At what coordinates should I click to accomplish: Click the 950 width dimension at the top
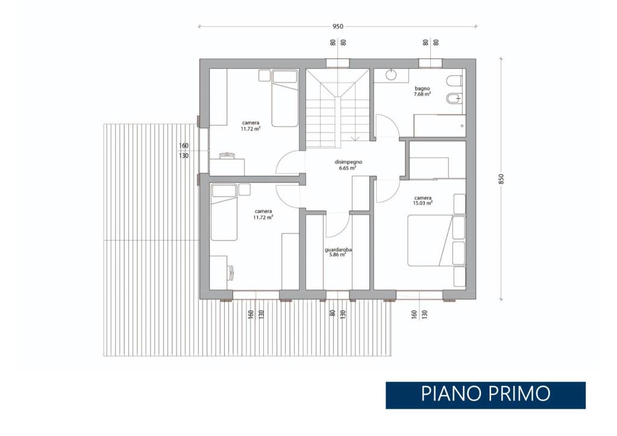click(337, 27)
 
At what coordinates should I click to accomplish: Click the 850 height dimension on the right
click(501, 179)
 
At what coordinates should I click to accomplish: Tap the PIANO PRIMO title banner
click(485, 395)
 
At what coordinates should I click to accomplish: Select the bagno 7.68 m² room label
click(422, 92)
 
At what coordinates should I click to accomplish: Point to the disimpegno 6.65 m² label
click(348, 165)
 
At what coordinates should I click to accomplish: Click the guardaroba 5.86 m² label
click(338, 252)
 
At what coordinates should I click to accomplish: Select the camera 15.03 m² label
click(422, 200)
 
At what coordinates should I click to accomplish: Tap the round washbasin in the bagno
click(391, 74)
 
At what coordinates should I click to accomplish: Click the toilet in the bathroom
click(454, 81)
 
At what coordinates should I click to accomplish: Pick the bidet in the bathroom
click(454, 98)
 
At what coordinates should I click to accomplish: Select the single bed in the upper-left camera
click(284, 98)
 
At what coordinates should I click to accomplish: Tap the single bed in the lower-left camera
click(224, 212)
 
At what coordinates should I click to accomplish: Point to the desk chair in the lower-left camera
click(231, 271)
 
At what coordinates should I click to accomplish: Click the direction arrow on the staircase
click(355, 138)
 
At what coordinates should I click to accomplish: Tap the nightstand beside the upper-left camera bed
click(264, 75)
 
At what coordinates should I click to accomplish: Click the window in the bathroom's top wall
click(430, 63)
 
